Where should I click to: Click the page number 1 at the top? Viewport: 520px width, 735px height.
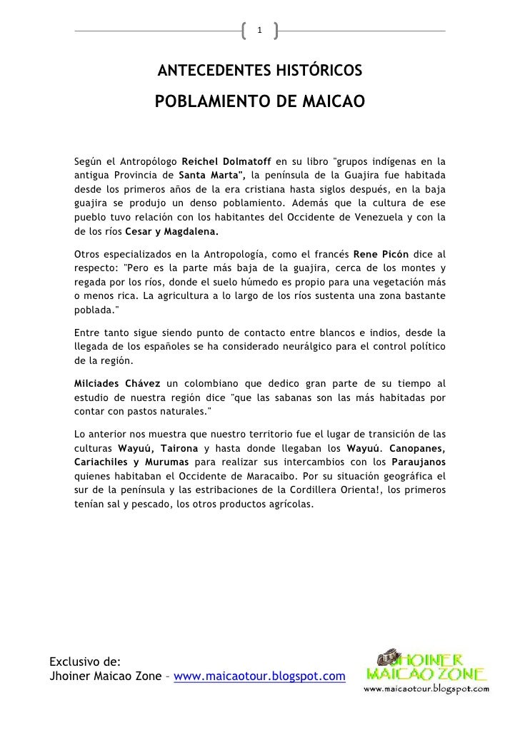[260, 30]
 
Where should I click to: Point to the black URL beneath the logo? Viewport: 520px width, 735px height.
[426, 689]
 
